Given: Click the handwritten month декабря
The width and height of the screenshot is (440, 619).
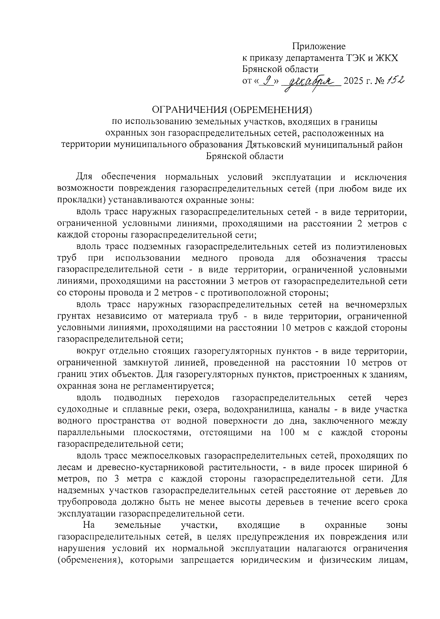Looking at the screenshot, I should [310, 81].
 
